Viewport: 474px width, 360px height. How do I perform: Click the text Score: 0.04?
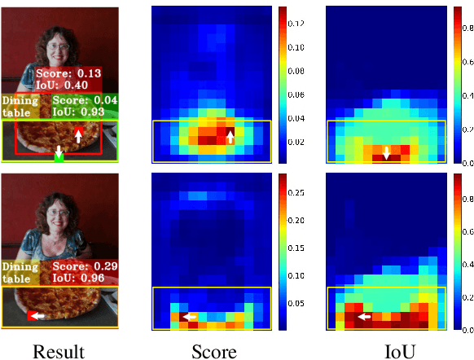(85, 99)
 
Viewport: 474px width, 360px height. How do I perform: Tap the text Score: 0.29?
(86, 266)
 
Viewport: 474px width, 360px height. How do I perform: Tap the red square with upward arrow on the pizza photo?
(78, 134)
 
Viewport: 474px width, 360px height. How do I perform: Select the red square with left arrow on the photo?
(34, 315)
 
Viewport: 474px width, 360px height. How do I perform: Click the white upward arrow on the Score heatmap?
(230, 137)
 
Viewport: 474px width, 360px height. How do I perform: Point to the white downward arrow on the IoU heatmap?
(386, 153)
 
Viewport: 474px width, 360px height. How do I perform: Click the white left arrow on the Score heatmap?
(189, 317)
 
